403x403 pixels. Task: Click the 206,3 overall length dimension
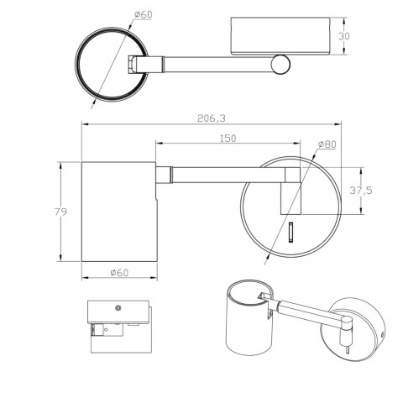tap(212, 118)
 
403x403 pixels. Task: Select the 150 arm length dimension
tap(228, 139)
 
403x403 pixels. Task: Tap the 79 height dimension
tap(60, 212)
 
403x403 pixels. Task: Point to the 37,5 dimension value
tap(361, 191)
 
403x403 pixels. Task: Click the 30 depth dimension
tap(344, 36)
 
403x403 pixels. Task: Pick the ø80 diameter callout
tap(327, 144)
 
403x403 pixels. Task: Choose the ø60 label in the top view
tap(143, 14)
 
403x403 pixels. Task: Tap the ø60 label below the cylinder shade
tap(119, 272)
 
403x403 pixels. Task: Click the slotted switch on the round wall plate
tap(291, 232)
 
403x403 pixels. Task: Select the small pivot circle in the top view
tap(280, 65)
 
